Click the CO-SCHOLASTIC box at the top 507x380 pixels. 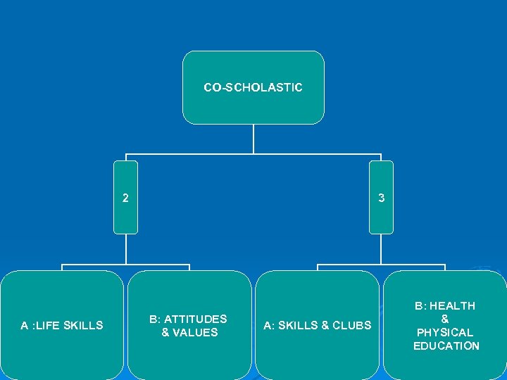[254, 87]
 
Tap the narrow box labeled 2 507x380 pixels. [126, 198]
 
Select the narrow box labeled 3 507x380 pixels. [381, 198]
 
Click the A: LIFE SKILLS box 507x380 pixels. [62, 325]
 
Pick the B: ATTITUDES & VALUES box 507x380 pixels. [189, 325]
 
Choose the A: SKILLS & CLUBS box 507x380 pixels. [317, 325]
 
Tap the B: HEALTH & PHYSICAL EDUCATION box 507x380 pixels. [445, 325]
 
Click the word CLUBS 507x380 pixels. [351, 325]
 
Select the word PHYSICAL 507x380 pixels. [446, 332]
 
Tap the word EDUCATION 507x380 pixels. [446, 346]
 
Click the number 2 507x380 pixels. [125, 198]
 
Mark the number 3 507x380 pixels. [381, 198]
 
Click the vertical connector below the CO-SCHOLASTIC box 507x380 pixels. [254, 139]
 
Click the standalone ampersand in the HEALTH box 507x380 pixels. [445, 319]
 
